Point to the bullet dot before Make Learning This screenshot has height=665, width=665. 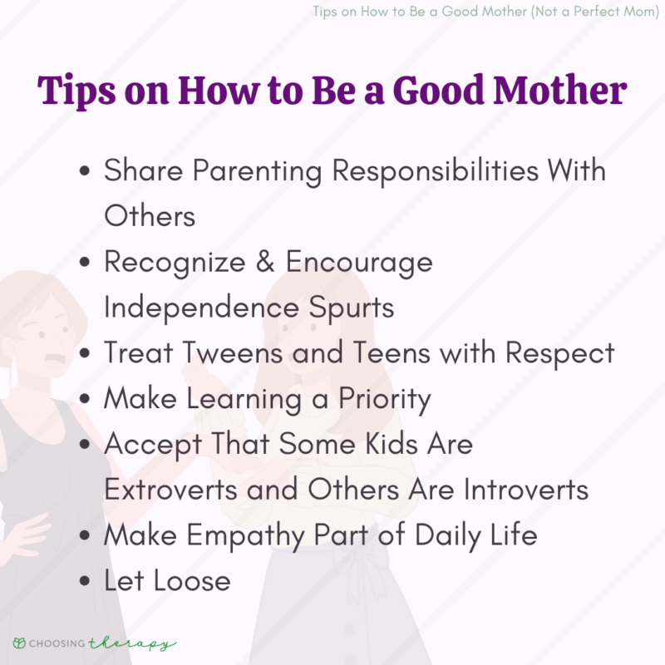(x=84, y=400)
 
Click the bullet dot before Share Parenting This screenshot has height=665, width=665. (x=84, y=173)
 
